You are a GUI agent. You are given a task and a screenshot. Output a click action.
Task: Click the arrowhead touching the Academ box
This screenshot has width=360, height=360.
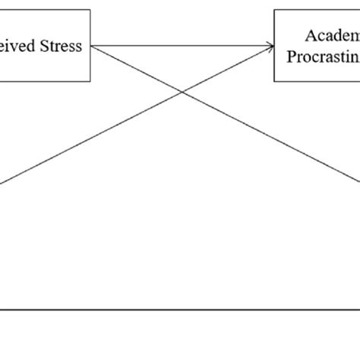(270, 46)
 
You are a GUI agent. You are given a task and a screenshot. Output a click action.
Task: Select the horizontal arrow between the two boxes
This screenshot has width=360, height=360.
(182, 46)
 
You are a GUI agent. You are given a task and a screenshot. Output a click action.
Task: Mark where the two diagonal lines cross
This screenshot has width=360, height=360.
(182, 93)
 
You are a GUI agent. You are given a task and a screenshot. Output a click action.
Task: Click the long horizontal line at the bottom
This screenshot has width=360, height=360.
(180, 310)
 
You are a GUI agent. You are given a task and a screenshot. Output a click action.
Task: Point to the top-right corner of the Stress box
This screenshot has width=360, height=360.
(90, 10)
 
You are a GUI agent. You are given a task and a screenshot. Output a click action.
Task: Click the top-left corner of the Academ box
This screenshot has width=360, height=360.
(275, 10)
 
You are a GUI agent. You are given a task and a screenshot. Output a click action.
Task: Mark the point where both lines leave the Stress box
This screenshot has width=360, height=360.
(91, 46)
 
